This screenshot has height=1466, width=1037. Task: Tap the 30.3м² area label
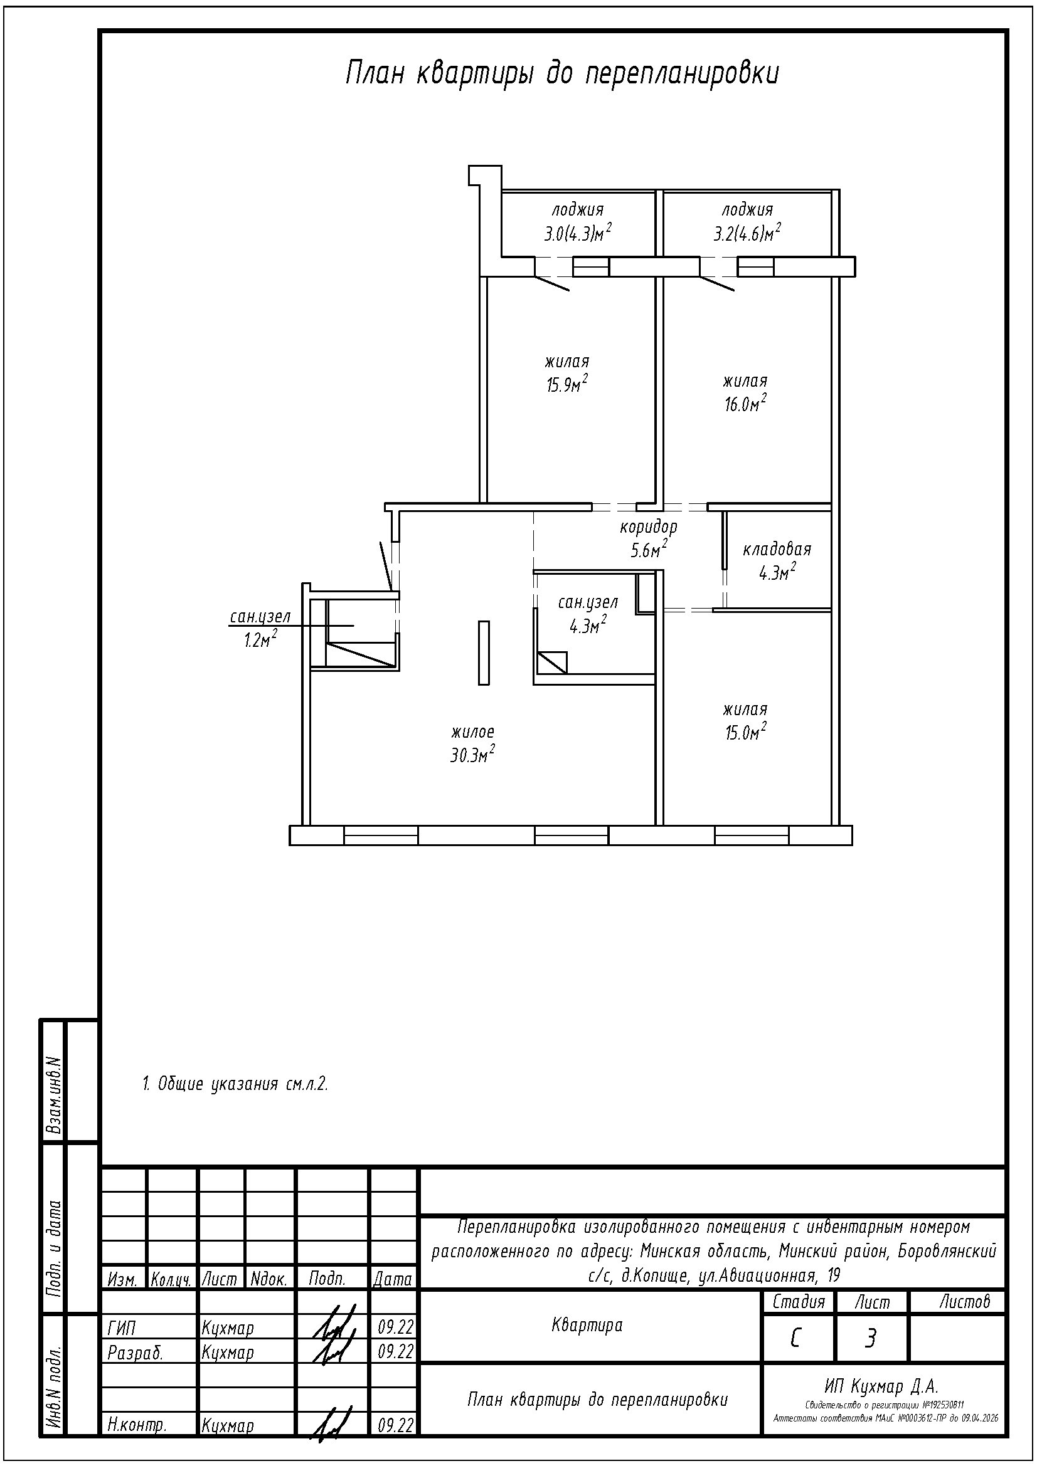click(x=473, y=755)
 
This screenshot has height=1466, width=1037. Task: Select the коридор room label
click(x=649, y=527)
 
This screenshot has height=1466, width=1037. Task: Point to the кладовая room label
click(x=777, y=549)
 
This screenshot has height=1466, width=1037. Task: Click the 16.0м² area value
click(x=745, y=404)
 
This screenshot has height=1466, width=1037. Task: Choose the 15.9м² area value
click(x=566, y=384)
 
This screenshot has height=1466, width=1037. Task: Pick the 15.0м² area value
click(x=745, y=731)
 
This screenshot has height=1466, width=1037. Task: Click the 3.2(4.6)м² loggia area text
click(x=748, y=233)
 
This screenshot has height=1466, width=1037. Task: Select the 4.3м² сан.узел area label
click(x=588, y=626)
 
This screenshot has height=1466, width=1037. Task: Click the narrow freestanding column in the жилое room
click(x=484, y=652)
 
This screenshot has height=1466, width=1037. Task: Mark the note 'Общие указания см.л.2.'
click(x=235, y=1084)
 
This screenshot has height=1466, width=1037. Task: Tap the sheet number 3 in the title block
click(x=870, y=1338)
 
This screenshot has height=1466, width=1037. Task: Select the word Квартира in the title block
click(x=587, y=1326)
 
